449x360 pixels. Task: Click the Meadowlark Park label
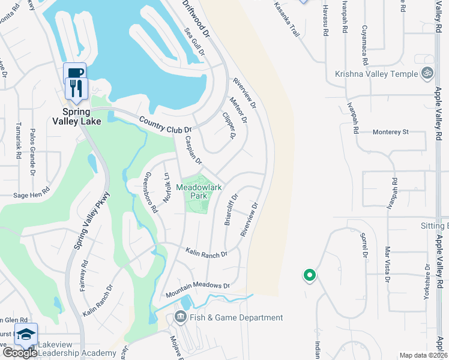(x=199, y=191)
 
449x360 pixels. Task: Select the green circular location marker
(x=310, y=275)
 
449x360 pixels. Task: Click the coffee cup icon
(x=74, y=73)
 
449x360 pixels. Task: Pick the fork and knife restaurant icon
(x=76, y=88)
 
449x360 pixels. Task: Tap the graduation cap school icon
(x=26, y=334)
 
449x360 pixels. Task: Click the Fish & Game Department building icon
(x=179, y=317)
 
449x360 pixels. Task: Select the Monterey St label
(x=390, y=131)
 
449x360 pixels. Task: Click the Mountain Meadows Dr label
(x=198, y=290)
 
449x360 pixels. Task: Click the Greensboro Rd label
(x=150, y=193)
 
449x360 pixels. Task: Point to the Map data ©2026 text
(x=423, y=355)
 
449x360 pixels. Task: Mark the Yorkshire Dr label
(x=427, y=277)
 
